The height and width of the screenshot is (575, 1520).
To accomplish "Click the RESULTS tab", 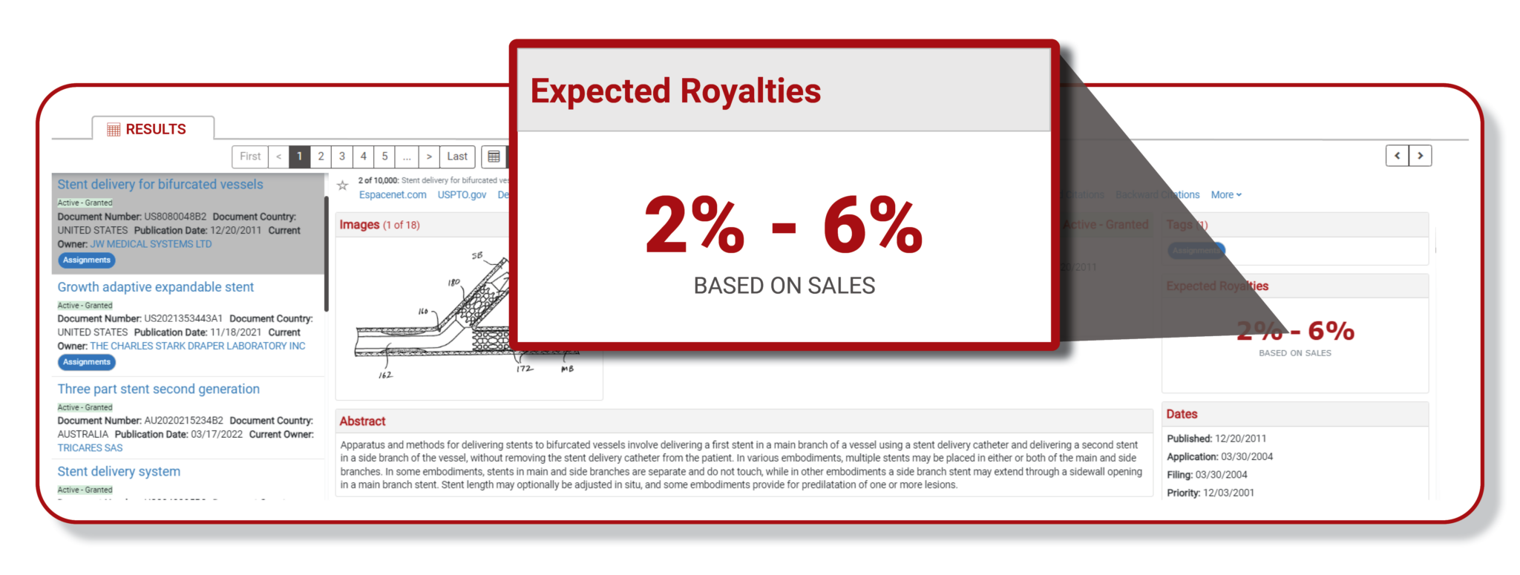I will [154, 129].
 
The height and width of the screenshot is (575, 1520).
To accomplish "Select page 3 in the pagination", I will [342, 157].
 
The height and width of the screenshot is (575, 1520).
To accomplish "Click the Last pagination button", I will [457, 157].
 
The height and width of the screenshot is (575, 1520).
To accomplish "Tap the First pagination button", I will [250, 157].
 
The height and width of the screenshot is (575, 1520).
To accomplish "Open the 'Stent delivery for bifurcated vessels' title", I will [160, 185].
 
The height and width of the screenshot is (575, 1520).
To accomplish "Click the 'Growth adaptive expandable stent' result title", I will [156, 287].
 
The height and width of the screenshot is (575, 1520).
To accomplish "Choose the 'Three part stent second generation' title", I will [159, 390].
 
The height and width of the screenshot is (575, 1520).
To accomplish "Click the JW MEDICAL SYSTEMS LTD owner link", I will [151, 244].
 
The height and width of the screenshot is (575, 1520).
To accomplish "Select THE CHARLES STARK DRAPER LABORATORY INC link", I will [197, 346].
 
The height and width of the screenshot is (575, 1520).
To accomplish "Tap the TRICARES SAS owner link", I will [90, 448].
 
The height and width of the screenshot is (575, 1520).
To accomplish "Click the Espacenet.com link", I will [393, 195].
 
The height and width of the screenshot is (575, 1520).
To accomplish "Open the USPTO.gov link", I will [462, 195].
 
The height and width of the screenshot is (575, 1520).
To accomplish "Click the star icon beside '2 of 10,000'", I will [342, 185].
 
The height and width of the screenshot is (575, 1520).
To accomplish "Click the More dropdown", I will [1226, 195].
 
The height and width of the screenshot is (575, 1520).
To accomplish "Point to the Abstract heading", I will [362, 421].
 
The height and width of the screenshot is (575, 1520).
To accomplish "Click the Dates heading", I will [1182, 414].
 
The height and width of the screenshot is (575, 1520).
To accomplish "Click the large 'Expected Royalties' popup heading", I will [675, 91].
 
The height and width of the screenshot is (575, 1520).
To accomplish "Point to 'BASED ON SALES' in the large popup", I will [784, 286].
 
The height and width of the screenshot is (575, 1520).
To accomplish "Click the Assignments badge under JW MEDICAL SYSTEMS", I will [87, 260].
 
